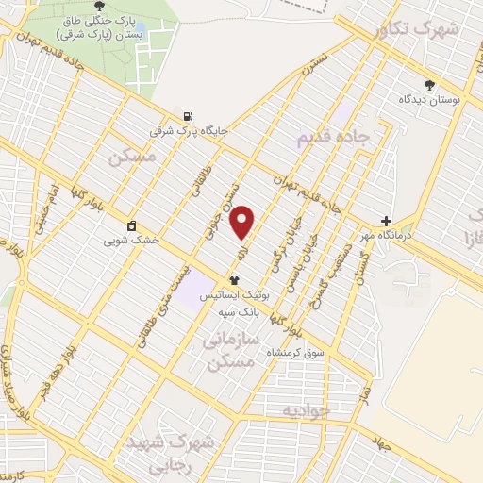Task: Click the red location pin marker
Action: point(242,222)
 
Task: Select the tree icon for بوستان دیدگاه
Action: point(430,84)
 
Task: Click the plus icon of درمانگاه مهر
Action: point(386,221)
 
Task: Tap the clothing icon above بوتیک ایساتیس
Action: point(234,280)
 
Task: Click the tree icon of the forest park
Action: point(99,6)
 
